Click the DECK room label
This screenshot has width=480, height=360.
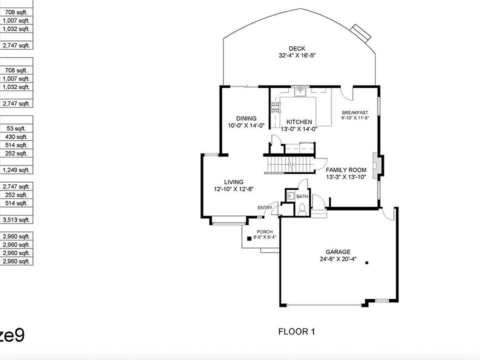pyautogui.click(x=296, y=48)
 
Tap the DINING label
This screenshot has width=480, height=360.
pyautogui.click(x=246, y=118)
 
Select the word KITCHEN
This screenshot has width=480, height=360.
pyautogui.click(x=299, y=122)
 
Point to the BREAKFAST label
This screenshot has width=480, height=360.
pyautogui.click(x=355, y=112)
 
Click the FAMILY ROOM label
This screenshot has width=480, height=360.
pyautogui.click(x=346, y=170)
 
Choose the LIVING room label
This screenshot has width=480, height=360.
pyautogui.click(x=233, y=182)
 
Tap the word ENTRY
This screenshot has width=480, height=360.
pyautogui.click(x=264, y=207)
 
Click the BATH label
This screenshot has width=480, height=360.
pyautogui.click(x=302, y=197)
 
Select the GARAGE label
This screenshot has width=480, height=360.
pyautogui.click(x=338, y=252)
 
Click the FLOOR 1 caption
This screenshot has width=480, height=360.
pyautogui.click(x=296, y=331)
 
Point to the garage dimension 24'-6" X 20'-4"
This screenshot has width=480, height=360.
pyautogui.click(x=338, y=259)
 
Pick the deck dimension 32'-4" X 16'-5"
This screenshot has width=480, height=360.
pyautogui.click(x=296, y=55)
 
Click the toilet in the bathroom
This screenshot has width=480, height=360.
pyautogui.click(x=301, y=210)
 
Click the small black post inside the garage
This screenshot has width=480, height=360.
pyautogui.click(x=366, y=262)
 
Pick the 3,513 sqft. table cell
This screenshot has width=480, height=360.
pyautogui.click(x=16, y=219)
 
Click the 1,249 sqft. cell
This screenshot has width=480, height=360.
pyautogui.click(x=16, y=170)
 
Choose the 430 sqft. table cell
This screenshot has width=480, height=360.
pyautogui.click(x=16, y=136)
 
